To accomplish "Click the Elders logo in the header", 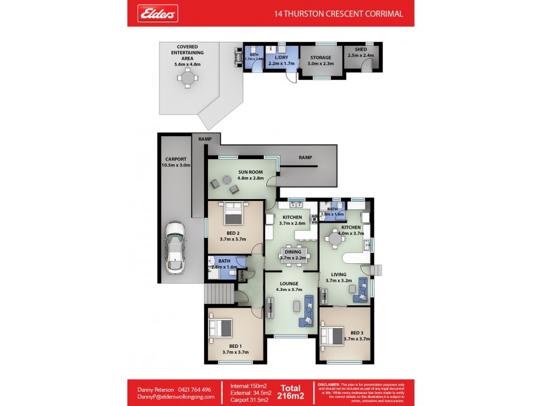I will (159, 13).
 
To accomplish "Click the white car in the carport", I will (175, 247).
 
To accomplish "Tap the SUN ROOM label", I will (250, 175).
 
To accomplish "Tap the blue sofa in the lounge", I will (309, 310).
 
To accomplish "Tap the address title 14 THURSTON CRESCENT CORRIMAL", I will (338, 14).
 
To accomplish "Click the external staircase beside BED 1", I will (218, 294).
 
